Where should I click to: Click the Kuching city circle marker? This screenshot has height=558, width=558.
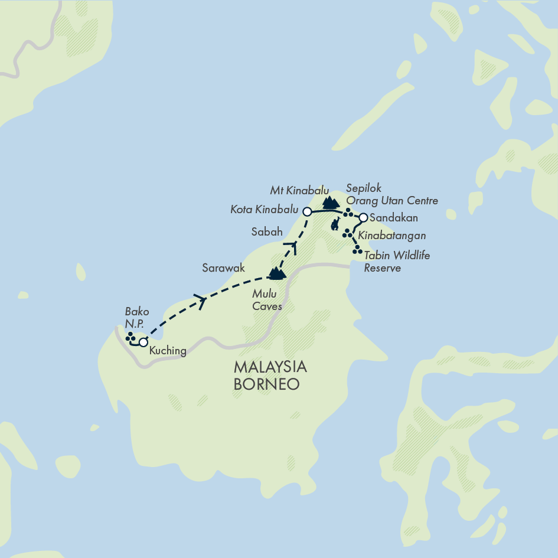pyautogui.click(x=143, y=342)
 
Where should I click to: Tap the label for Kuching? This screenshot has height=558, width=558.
pyautogui.click(x=168, y=351)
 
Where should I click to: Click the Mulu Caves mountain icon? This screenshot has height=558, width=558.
pyautogui.click(x=276, y=273)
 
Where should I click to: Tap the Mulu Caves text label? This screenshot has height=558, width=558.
pyautogui.click(x=267, y=300)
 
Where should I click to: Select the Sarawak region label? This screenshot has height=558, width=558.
pyautogui.click(x=223, y=268)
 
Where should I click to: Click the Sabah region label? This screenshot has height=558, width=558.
pyautogui.click(x=267, y=231)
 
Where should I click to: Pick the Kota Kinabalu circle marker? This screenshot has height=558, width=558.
pyautogui.click(x=307, y=211)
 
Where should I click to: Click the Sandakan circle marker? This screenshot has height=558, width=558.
pyautogui.click(x=364, y=217)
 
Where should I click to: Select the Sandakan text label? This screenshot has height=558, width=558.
pyautogui.click(x=393, y=218)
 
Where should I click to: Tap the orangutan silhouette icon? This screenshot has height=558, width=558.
pyautogui.click(x=335, y=224)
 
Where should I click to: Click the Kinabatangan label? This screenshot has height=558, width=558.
pyautogui.click(x=392, y=236)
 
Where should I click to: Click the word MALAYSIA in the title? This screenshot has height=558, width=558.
pyautogui.click(x=270, y=367)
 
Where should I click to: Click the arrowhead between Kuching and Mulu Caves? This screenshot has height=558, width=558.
pyautogui.click(x=203, y=302)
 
